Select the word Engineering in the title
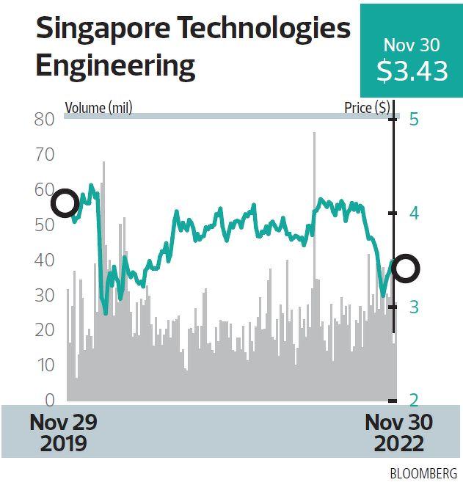pyautogui.click(x=115, y=65)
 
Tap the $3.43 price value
pyautogui.click(x=412, y=71)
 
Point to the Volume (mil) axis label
pyautogui.click(x=98, y=109)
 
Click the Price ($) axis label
pyautogui.click(x=367, y=109)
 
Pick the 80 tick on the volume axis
pyautogui.click(x=45, y=120)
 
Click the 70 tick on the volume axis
pyautogui.click(x=45, y=155)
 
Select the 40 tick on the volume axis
pyautogui.click(x=45, y=260)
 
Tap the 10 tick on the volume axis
pyautogui.click(x=45, y=365)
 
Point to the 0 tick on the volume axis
pyautogui.click(x=49, y=401)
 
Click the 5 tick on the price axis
pyautogui.click(x=413, y=120)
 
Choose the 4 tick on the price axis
pyautogui.click(x=413, y=214)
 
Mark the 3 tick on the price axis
pyautogui.click(x=413, y=307)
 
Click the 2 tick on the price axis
pyautogui.click(x=413, y=401)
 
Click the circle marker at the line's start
pyautogui.click(x=65, y=203)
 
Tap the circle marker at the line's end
pyautogui.click(x=406, y=269)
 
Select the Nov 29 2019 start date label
pyautogui.click(x=63, y=433)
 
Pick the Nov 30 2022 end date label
pyautogui.click(x=398, y=433)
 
